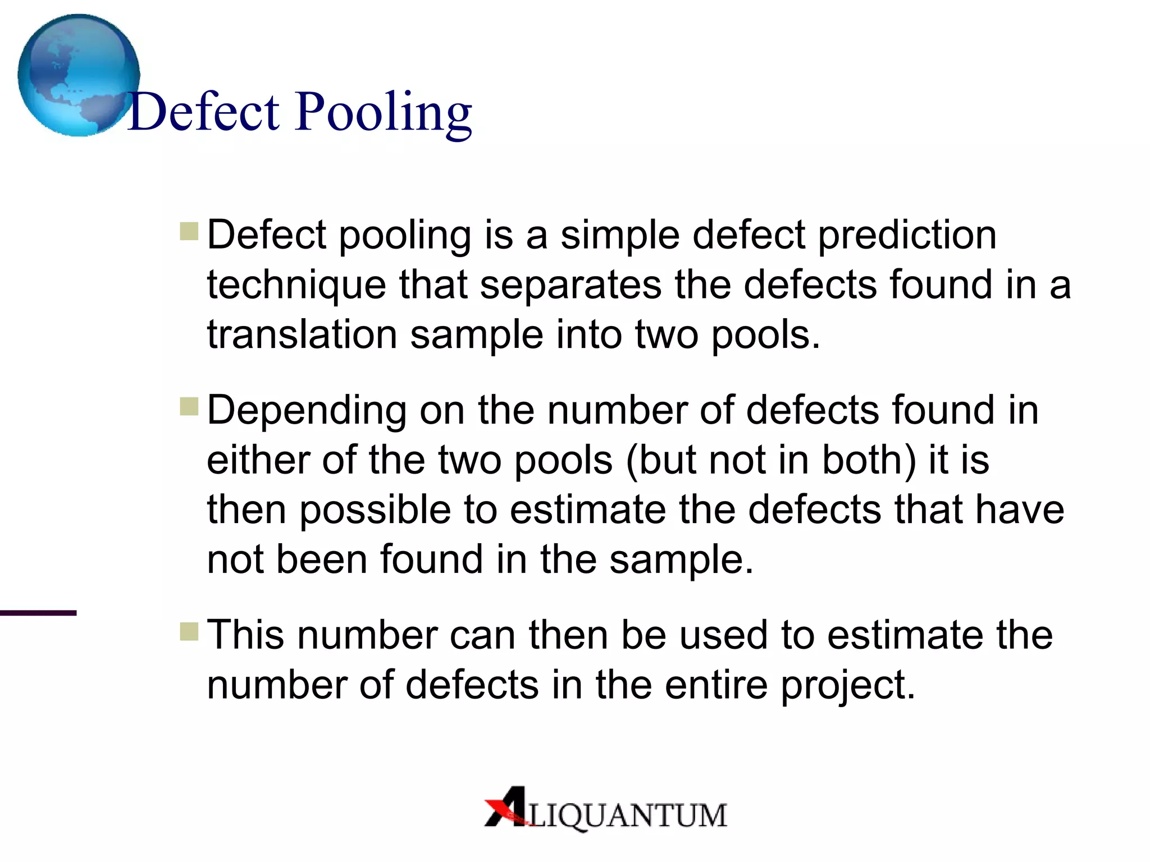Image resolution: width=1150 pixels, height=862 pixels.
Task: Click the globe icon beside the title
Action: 79,75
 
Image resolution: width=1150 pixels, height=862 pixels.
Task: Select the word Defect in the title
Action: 204,112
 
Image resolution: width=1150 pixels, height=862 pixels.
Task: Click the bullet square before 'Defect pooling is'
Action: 189,231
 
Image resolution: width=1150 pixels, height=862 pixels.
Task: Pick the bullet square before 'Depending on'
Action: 189,406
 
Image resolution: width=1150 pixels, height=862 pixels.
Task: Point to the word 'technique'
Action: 296,285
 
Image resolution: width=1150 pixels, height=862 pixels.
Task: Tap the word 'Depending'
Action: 307,411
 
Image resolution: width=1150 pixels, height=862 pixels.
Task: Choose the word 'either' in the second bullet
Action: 258,460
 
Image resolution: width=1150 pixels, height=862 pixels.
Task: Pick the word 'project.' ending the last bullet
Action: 848,686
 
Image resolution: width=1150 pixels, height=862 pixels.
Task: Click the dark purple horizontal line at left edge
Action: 38,613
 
